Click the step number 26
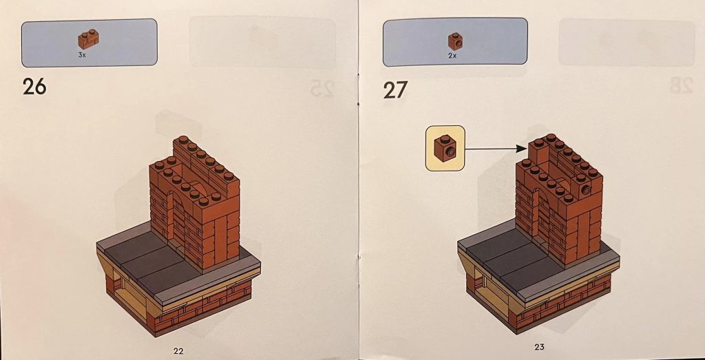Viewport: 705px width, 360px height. point(34,86)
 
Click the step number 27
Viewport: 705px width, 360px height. point(396,89)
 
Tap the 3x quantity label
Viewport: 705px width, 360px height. point(82,55)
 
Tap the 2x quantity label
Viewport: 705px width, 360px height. point(452,56)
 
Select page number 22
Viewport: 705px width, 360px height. point(178,351)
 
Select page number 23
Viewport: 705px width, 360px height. point(539,346)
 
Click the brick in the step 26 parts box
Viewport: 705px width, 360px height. point(88,39)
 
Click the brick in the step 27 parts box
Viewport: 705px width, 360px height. point(456,41)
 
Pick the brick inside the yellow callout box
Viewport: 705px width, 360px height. point(445,148)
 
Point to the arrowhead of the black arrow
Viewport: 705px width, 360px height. point(523,148)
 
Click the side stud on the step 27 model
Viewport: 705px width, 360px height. point(587,191)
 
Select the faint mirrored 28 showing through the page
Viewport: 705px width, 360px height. point(681,85)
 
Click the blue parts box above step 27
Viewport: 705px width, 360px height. point(455,42)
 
